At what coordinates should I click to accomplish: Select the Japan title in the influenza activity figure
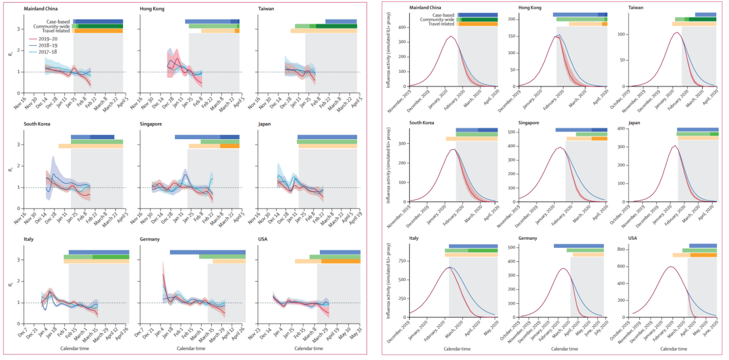pyautogui.click(x=636, y=123)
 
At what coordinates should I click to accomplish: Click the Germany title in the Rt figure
pyautogui.click(x=152, y=240)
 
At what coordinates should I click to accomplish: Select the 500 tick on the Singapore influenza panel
pyautogui.click(x=510, y=132)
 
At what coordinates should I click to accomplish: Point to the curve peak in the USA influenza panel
pyautogui.click(x=670, y=267)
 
